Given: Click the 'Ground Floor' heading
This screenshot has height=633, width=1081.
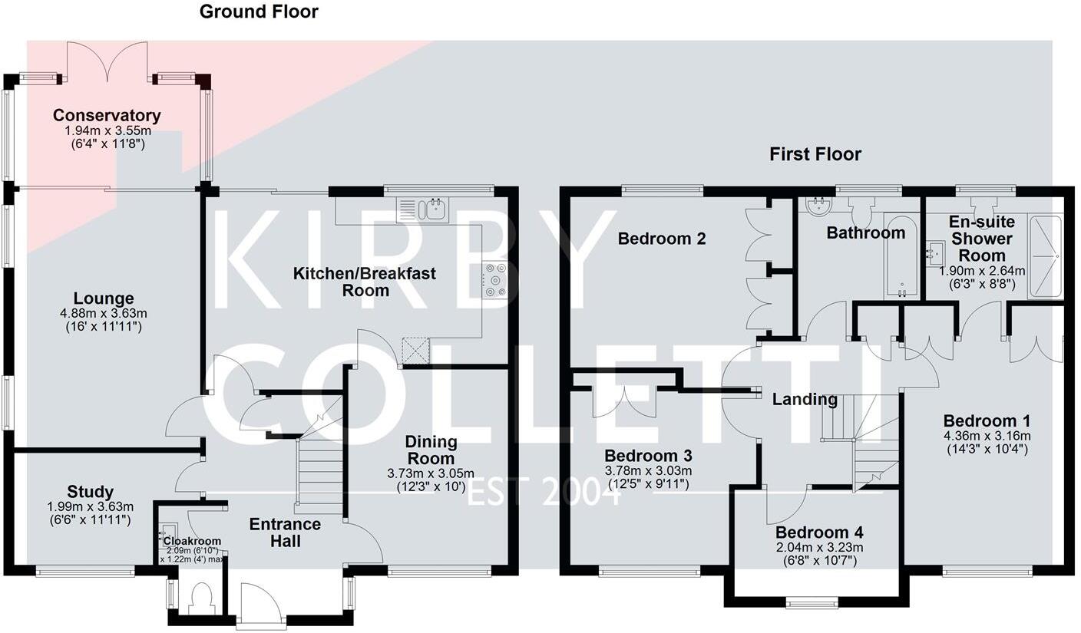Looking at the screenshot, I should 259,12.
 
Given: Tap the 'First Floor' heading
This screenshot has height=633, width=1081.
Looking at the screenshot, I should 815,154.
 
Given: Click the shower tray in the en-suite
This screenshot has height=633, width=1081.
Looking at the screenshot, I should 1044,256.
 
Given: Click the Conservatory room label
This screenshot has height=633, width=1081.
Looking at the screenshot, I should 107,116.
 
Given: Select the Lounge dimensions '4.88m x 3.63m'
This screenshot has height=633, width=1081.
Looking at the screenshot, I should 104,313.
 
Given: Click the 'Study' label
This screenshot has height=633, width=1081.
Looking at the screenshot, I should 90,492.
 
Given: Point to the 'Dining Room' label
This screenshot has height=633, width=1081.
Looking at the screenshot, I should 431,450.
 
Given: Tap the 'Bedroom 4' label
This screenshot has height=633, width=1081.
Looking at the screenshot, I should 819,532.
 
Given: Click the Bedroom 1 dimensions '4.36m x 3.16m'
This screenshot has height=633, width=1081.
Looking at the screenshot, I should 987,436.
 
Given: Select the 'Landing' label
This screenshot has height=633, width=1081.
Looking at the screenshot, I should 805,399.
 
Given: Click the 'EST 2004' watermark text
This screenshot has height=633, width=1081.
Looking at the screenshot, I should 544,491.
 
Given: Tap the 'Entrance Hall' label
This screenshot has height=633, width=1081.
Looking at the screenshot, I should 285,532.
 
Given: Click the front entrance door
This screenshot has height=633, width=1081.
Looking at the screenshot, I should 261,606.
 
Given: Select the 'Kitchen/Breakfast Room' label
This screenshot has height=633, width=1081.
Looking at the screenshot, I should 365,282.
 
